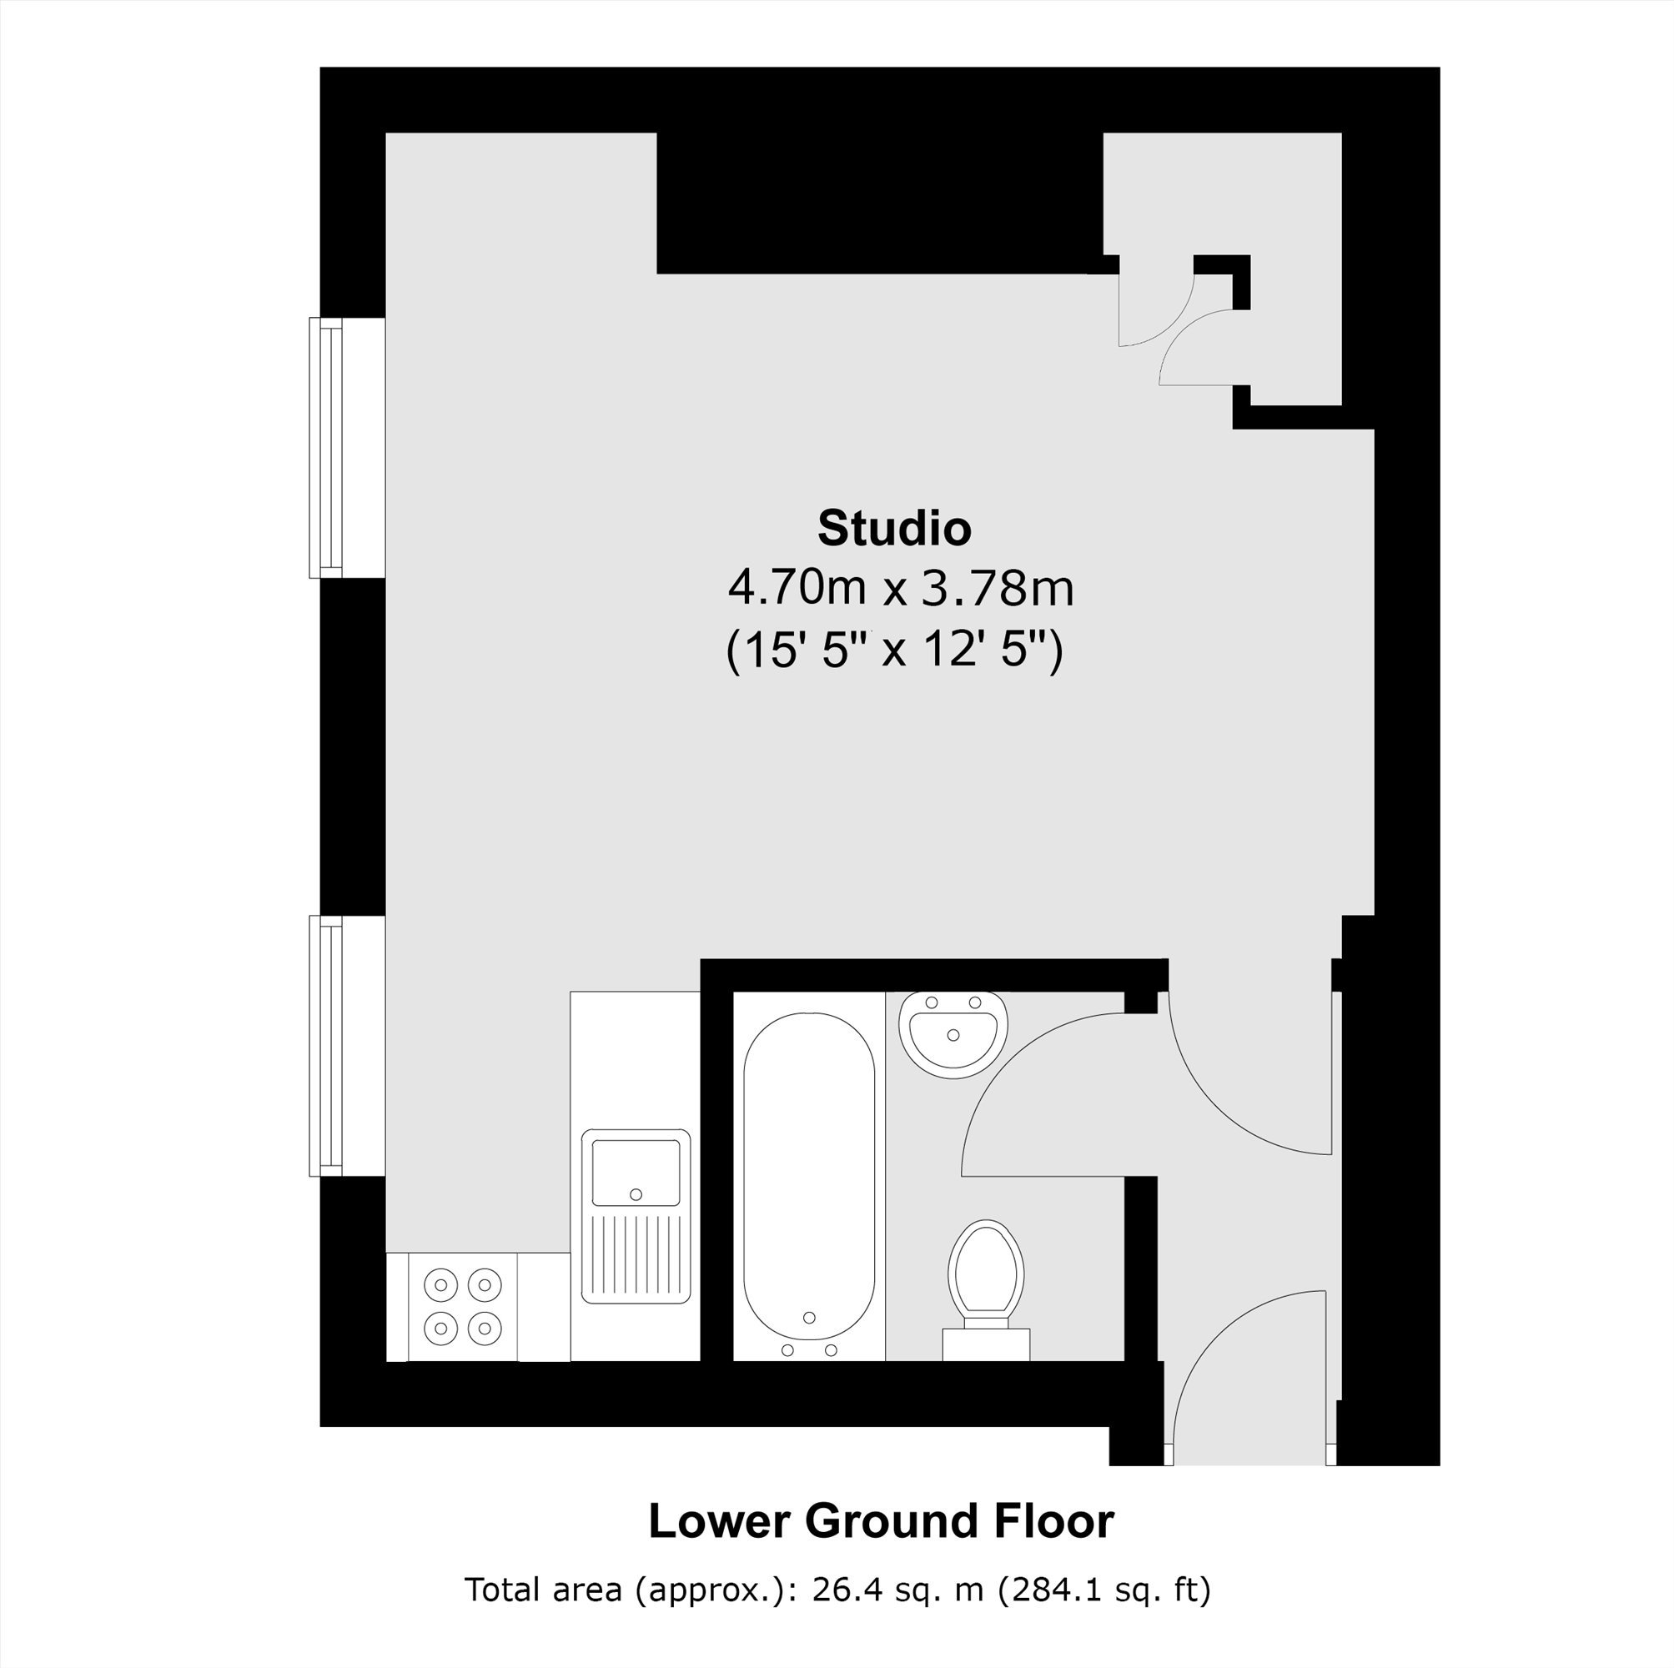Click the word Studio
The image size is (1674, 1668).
894,529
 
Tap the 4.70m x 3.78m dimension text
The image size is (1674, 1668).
901,588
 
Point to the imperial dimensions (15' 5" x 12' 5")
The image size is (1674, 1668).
894,650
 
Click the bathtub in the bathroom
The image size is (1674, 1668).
809,1186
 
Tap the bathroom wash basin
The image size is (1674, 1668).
953,1032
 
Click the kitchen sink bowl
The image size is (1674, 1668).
636,1173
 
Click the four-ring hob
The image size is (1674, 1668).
463,1306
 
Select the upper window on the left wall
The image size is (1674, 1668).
326,447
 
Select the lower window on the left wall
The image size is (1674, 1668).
326,1046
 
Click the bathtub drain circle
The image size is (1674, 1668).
809,1318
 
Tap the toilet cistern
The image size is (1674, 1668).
986,1344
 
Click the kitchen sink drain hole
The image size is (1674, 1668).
636,1194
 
